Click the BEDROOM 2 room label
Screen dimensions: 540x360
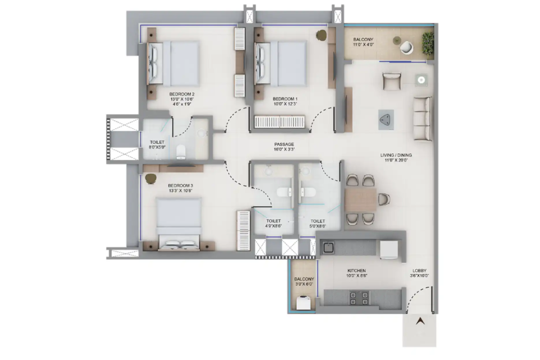point(182,94)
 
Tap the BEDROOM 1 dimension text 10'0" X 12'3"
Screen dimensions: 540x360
point(285,104)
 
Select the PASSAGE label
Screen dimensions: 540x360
point(284,144)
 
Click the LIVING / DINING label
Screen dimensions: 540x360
point(396,155)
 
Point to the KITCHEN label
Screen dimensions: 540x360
point(356,270)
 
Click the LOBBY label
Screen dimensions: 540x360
point(419,270)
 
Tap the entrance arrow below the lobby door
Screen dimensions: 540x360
point(420,321)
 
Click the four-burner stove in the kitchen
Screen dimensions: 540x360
point(359,298)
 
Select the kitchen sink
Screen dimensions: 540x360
point(328,247)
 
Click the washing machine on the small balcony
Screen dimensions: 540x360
point(303,303)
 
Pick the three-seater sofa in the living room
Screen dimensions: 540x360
point(423,118)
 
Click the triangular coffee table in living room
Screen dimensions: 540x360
point(386,120)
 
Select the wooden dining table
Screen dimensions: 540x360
point(360,199)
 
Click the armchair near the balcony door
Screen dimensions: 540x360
point(392,81)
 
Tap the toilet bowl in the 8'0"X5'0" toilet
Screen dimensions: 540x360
point(181,152)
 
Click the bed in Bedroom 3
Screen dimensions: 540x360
point(179,224)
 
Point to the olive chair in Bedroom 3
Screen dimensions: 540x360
point(151,179)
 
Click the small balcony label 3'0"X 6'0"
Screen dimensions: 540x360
point(304,284)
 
